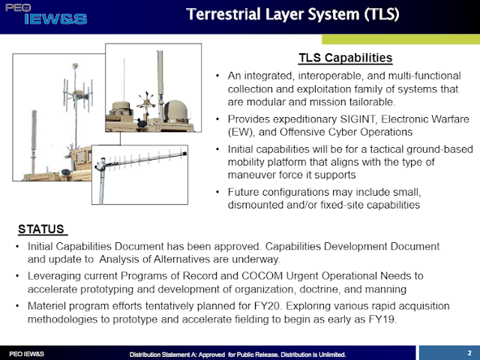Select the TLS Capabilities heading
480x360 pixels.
click(346, 57)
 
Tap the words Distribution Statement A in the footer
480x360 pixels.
click(163, 352)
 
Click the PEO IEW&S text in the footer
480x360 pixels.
click(25, 352)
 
